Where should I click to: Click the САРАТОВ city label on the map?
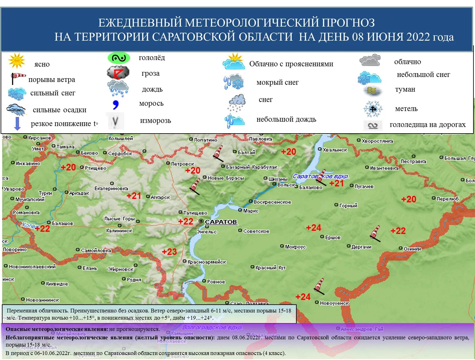pos(221,222)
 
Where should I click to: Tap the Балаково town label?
pos(310,187)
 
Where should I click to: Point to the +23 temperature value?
pos(169,252)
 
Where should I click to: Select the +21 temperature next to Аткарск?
pos(134,196)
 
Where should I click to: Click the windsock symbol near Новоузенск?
pos(319,286)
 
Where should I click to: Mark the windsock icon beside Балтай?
pos(218,153)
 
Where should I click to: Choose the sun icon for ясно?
pos(17,61)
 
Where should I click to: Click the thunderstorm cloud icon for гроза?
pos(118,73)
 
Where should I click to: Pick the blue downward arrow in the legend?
pos(18,124)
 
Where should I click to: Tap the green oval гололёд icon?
pos(119,58)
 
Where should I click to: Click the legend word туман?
pos(405,89)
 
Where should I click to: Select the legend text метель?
pos(406,109)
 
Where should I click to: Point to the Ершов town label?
pos(333,237)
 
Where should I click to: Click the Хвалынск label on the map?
pos(335,150)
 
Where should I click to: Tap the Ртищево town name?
pos(95,168)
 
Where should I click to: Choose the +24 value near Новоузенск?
pos(303,297)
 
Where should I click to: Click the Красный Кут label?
pos(270,267)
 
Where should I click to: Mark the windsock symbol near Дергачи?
pos(375,234)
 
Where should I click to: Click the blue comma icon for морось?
pos(115,104)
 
